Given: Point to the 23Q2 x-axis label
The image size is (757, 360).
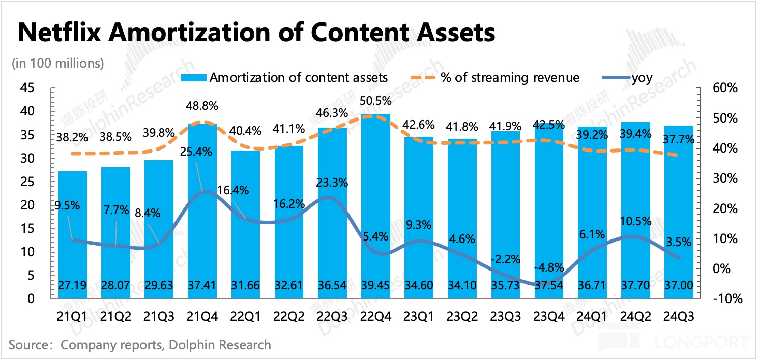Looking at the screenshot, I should pyautogui.click(x=462, y=316).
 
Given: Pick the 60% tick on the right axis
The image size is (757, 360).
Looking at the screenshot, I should pyautogui.click(x=725, y=88).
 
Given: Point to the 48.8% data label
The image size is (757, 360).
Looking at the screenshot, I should pyautogui.click(x=202, y=106).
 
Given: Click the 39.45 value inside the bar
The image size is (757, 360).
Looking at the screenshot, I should pyautogui.click(x=375, y=286).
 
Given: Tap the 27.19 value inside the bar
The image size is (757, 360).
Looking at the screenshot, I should pyautogui.click(x=72, y=286).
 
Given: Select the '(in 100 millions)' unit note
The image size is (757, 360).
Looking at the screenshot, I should pyautogui.click(x=57, y=64).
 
